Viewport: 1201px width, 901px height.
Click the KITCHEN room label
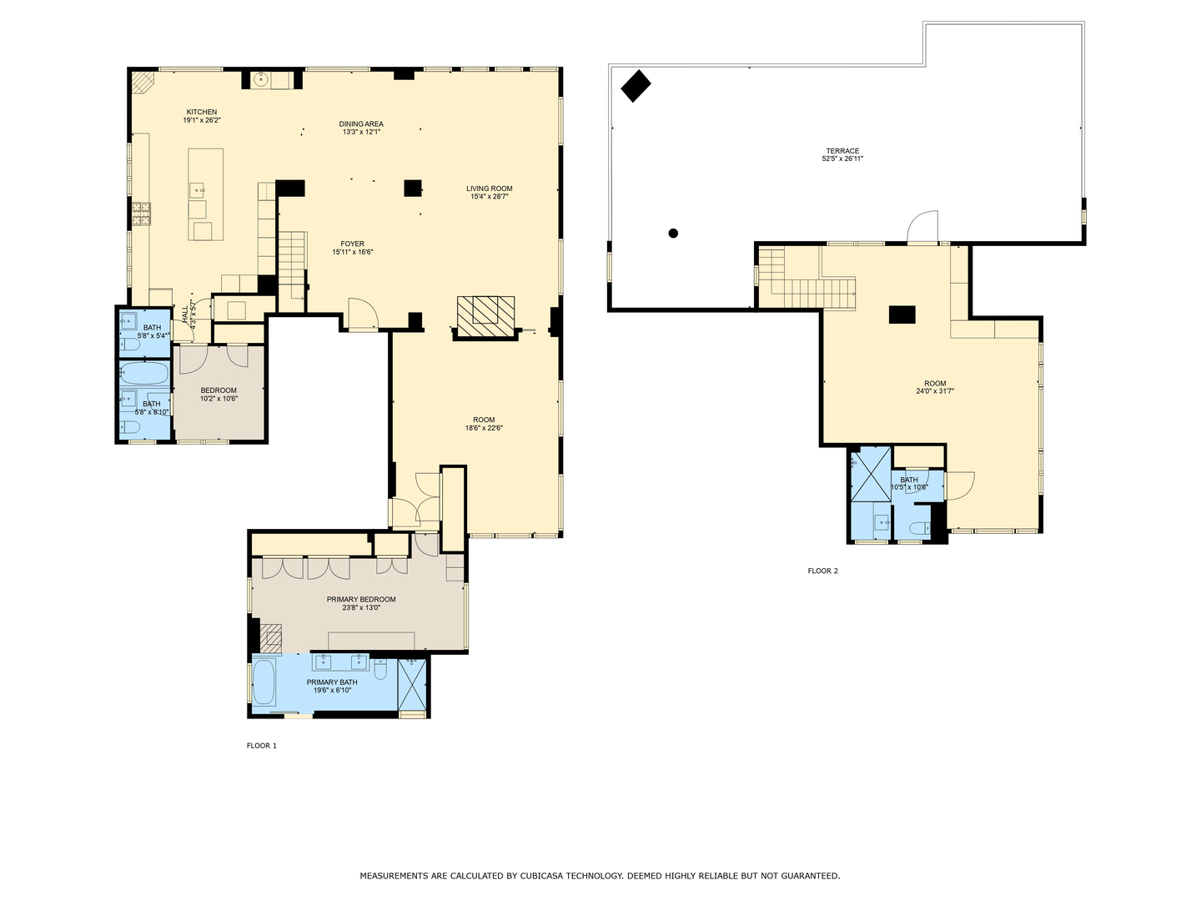[201, 112]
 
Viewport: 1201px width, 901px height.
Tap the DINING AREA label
[361, 124]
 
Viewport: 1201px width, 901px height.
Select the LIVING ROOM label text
[489, 189]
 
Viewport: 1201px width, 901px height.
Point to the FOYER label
[352, 244]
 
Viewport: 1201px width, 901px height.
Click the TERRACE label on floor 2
[842, 151]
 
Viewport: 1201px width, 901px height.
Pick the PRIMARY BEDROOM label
[360, 599]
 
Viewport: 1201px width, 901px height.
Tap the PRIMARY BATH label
[331, 682]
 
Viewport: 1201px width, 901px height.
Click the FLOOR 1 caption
[261, 746]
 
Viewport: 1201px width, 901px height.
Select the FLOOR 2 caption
[822, 571]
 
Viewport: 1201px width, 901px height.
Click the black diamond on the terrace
[636, 85]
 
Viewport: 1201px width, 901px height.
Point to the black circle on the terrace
[673, 234]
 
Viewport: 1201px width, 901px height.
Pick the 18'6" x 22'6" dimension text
[484, 428]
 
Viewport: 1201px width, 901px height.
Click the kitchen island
[206, 194]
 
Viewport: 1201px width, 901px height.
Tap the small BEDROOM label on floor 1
[219, 390]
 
